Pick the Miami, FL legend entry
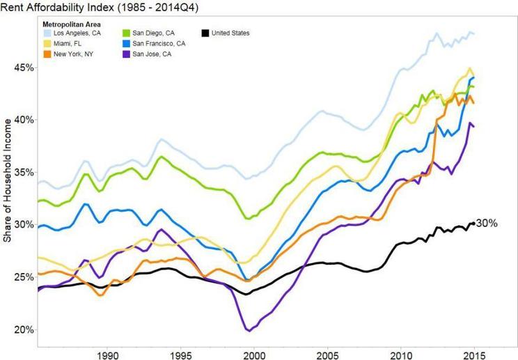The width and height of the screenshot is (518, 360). (67, 43)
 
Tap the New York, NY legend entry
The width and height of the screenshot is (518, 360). (70, 54)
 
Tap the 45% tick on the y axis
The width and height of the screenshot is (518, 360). (23, 68)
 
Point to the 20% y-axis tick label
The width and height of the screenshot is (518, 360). (23, 329)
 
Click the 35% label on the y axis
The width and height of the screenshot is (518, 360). (23, 172)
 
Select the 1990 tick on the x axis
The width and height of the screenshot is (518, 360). (107, 352)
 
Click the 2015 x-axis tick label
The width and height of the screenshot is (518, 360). (473, 352)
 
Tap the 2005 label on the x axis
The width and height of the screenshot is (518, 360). (327, 352)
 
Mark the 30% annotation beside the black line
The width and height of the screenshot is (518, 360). (487, 223)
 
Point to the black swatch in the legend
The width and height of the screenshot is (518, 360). (206, 33)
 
